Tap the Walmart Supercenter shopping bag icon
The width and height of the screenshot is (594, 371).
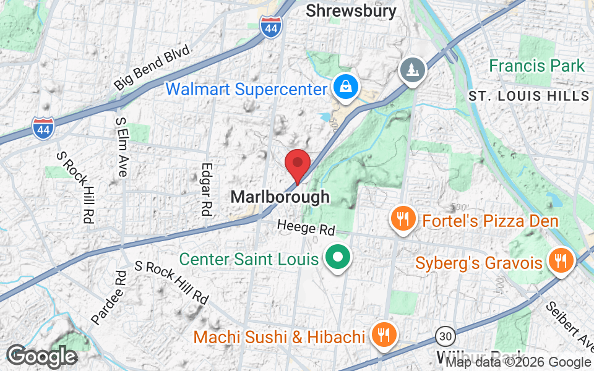(343, 88)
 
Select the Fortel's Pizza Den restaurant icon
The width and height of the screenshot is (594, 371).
(403, 220)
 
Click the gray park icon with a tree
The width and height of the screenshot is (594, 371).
(412, 69)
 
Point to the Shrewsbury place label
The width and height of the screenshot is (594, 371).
(351, 11)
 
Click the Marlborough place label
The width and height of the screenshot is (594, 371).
(280, 197)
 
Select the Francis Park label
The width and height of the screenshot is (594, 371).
(536, 66)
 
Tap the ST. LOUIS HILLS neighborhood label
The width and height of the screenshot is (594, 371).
(529, 96)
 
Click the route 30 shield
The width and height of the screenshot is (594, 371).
(445, 336)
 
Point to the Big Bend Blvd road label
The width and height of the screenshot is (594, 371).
(152, 67)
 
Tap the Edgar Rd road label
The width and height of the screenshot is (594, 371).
(207, 189)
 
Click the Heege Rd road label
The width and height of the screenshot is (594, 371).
(306, 228)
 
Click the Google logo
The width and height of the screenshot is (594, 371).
(41, 356)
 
